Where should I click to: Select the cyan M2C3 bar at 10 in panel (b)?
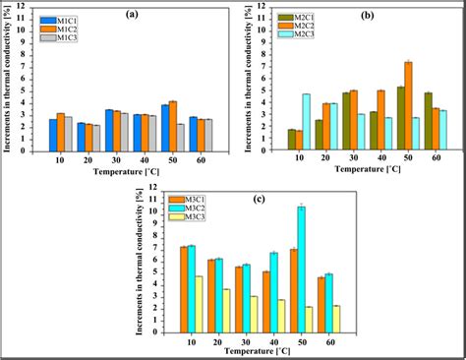point(306,121)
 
